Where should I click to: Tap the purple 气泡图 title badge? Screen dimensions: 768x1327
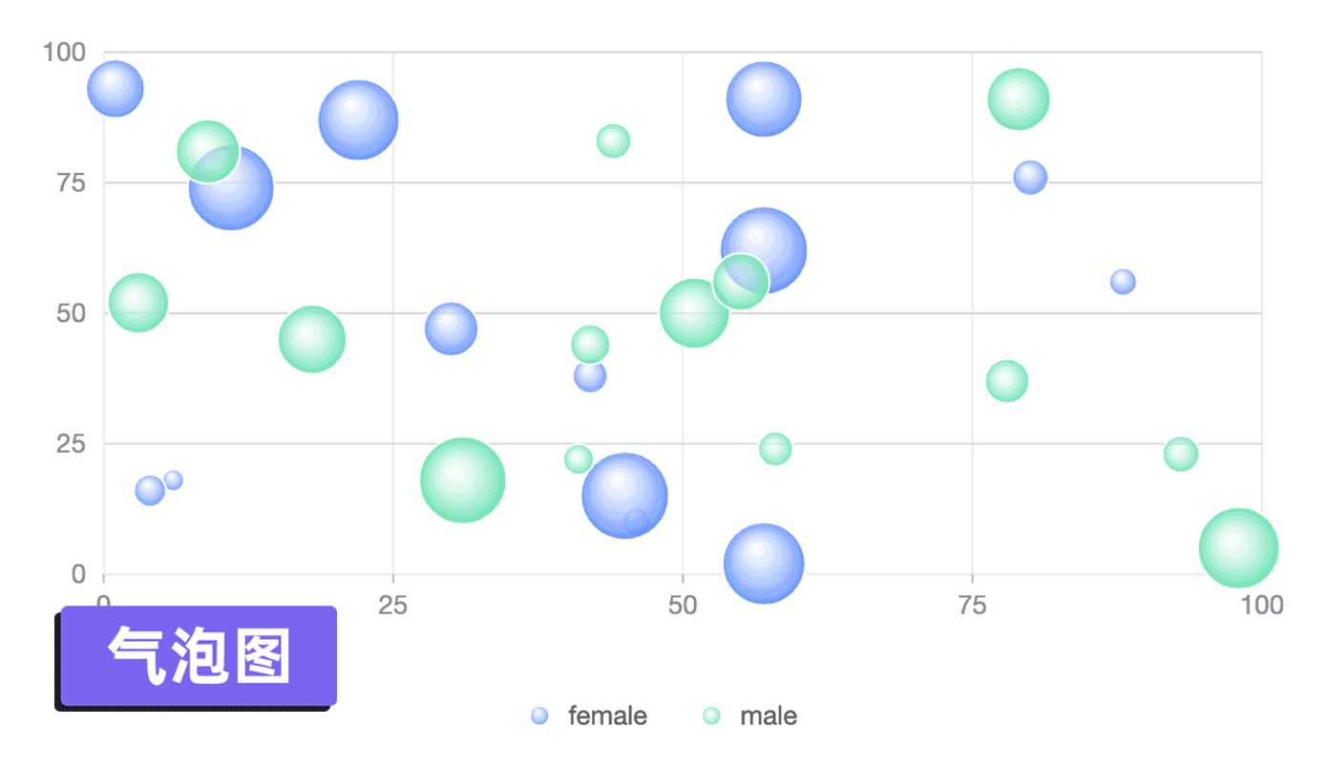pyautogui.click(x=199, y=656)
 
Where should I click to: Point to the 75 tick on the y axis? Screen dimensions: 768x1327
pyautogui.click(x=65, y=182)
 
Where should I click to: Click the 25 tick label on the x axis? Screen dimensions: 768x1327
pyautogui.click(x=393, y=605)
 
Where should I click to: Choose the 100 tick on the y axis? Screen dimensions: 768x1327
pyautogui.click(x=64, y=52)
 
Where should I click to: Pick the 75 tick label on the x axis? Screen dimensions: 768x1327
pyautogui.click(x=972, y=605)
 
